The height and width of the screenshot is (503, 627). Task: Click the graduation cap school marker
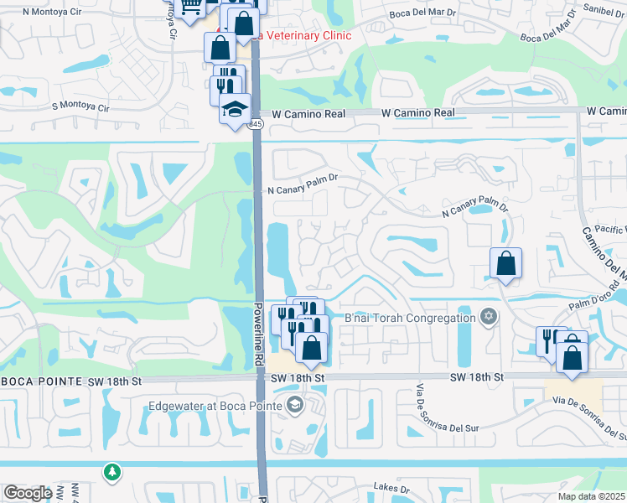(x=236, y=109)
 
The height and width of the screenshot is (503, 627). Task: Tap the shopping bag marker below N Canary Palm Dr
(x=506, y=264)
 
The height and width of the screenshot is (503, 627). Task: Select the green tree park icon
(x=111, y=474)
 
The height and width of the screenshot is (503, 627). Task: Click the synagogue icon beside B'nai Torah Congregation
(x=489, y=318)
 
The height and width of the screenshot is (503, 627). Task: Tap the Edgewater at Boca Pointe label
(x=215, y=407)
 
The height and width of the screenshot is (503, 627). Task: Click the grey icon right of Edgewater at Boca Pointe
(x=294, y=407)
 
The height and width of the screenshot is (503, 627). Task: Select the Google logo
(x=28, y=493)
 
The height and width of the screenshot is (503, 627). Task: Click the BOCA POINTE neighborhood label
(x=41, y=381)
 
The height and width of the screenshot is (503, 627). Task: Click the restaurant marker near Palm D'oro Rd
(x=552, y=342)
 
